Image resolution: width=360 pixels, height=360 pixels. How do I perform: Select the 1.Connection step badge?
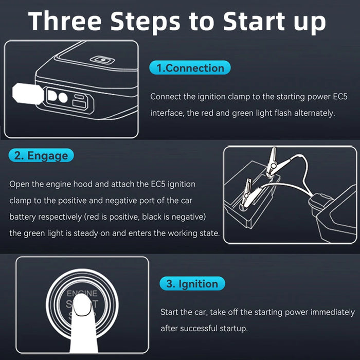coord(190,68)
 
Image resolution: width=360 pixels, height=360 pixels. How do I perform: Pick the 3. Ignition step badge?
coord(192,283)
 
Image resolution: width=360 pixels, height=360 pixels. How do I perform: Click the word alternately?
coord(310,113)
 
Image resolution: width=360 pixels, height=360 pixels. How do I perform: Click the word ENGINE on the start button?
coord(82,293)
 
